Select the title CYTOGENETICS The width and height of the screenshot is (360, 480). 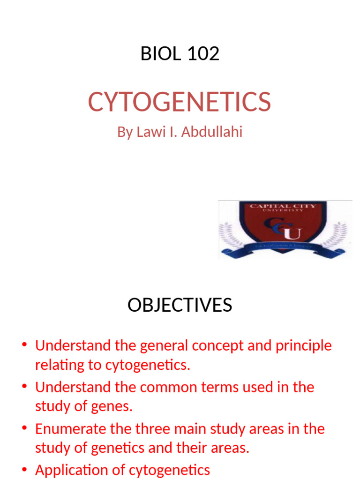[180, 102]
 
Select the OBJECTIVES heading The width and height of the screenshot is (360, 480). [180, 305]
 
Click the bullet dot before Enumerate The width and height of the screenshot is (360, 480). [25, 429]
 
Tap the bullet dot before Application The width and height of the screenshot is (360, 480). [25, 470]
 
